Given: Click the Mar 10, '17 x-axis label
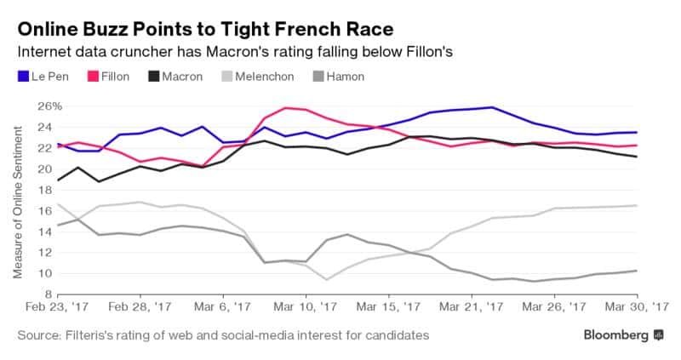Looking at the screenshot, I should tap(305, 306).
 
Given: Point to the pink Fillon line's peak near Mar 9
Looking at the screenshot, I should tap(284, 107).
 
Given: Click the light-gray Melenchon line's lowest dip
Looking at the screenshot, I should tap(325, 279).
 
